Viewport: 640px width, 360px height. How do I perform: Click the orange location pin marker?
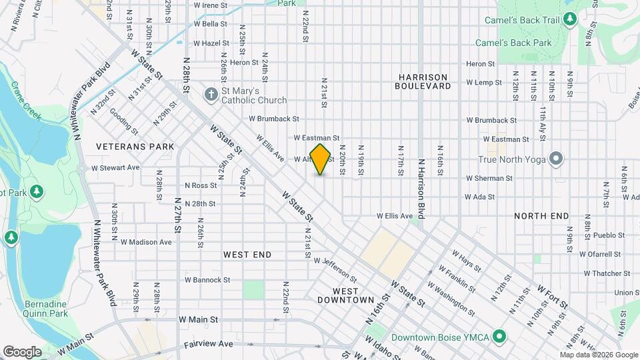(321, 160)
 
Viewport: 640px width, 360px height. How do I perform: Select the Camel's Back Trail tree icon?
(569, 20)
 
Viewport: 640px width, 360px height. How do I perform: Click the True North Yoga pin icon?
(557, 159)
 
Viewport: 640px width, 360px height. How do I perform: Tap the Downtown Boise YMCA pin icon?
(497, 337)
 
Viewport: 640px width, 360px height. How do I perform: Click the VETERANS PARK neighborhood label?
(135, 147)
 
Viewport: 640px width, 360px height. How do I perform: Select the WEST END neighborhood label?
(247, 255)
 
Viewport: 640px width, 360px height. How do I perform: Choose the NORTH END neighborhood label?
(541, 216)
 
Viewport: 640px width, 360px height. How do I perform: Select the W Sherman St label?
(489, 179)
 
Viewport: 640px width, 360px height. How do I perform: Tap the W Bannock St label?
(207, 280)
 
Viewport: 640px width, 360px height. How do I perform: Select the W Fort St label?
(552, 296)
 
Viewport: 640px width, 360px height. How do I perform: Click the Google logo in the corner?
(22, 352)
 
